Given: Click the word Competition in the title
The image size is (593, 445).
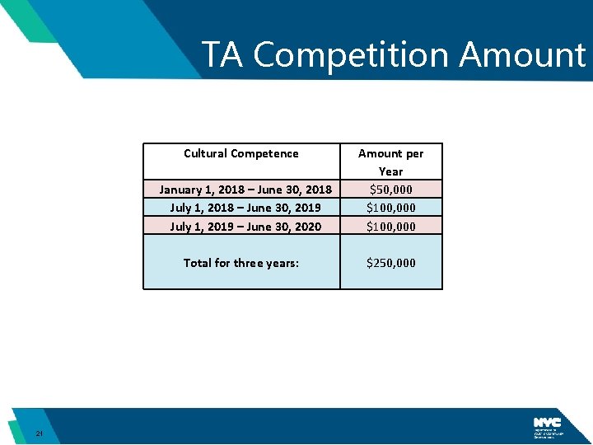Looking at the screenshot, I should pyautogui.click(x=353, y=55).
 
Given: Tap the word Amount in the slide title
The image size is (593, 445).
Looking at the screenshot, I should pyautogui.click(x=522, y=55).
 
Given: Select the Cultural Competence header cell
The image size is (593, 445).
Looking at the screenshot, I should pyautogui.click(x=241, y=153).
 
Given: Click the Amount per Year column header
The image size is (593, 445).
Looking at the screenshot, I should pyautogui.click(x=391, y=162).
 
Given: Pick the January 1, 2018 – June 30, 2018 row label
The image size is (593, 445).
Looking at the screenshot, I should pyautogui.click(x=245, y=190).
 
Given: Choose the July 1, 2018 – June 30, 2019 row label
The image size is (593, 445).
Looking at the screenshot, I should pyautogui.click(x=245, y=208).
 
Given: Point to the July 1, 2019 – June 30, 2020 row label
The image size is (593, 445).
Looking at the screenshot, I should pyautogui.click(x=245, y=227).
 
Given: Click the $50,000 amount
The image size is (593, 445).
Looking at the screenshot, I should pyautogui.click(x=391, y=190).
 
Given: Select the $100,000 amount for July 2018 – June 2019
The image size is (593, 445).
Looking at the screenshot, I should pyautogui.click(x=391, y=208).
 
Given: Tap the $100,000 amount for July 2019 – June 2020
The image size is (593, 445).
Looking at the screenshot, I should pyautogui.click(x=391, y=227).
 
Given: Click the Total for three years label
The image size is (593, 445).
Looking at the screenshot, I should pyautogui.click(x=241, y=263).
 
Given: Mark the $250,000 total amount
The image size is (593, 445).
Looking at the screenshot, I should pyautogui.click(x=391, y=263).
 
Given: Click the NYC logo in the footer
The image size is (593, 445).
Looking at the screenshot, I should pyautogui.click(x=547, y=422).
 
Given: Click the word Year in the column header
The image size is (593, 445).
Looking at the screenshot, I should pyautogui.click(x=391, y=171).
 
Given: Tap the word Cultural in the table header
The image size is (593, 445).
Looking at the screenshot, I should pyautogui.click(x=206, y=153).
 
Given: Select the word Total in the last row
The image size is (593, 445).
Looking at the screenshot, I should pyautogui.click(x=198, y=263).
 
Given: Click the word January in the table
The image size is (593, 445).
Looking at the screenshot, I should pyautogui.click(x=182, y=190).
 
